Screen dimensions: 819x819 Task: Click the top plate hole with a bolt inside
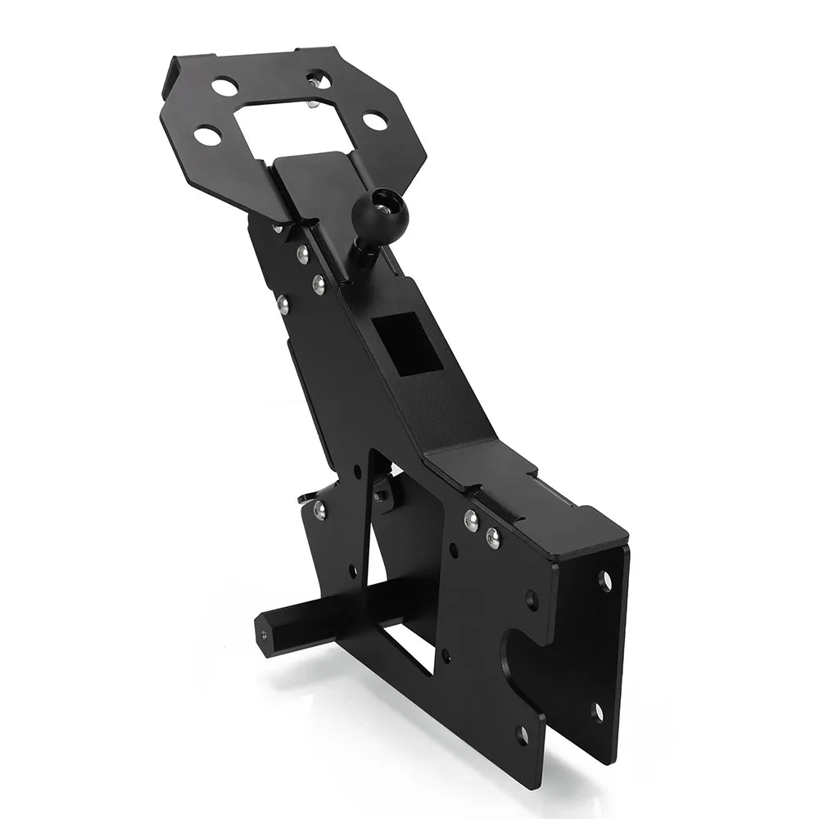[x=320, y=80]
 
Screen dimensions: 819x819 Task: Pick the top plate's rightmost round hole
[x=374, y=121]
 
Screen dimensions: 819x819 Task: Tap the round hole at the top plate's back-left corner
[x=224, y=85]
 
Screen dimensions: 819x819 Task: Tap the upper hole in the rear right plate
[x=605, y=581]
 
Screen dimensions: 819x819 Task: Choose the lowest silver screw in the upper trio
[x=283, y=305]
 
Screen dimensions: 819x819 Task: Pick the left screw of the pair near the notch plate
[x=471, y=521]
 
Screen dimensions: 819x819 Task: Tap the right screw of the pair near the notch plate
[x=492, y=537]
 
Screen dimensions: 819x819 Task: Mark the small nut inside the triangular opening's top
[x=380, y=496]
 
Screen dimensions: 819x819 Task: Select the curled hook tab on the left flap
[x=305, y=497]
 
